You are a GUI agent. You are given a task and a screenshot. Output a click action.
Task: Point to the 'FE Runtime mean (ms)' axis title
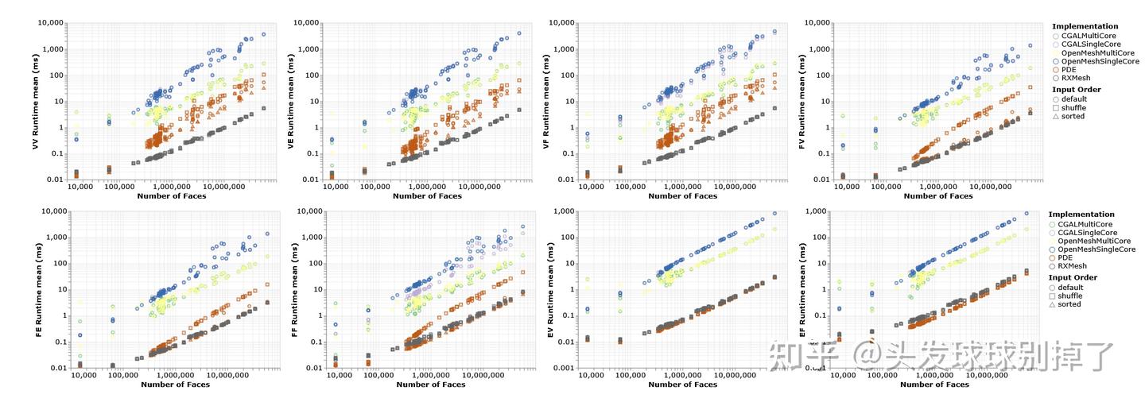coord(37,290)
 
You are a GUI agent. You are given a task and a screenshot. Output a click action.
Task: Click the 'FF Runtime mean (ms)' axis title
coord(293,290)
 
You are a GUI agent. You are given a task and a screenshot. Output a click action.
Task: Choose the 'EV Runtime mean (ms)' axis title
coord(550,290)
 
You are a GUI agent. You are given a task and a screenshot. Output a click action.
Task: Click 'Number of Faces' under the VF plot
coord(683,196)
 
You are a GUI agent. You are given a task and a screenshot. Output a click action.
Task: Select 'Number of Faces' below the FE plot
coord(176,385)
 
